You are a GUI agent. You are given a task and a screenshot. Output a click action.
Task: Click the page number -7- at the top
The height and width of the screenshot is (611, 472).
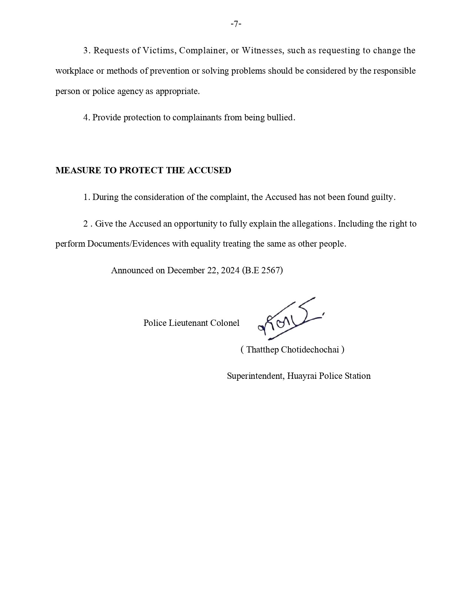[236, 24]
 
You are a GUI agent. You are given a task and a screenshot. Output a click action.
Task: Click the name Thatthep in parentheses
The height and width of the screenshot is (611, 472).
[262, 350]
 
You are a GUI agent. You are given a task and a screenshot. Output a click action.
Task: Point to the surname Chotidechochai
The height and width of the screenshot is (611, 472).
[310, 350]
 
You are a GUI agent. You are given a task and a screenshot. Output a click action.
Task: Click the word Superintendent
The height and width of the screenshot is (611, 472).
[255, 376]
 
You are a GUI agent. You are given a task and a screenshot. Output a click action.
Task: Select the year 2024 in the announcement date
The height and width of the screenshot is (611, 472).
[230, 270]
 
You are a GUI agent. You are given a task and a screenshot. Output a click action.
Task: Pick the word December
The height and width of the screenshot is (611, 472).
[185, 270]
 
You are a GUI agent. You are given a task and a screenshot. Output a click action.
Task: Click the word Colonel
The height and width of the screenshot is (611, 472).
[225, 323]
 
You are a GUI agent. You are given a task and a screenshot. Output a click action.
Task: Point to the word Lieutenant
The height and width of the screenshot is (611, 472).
[188, 323]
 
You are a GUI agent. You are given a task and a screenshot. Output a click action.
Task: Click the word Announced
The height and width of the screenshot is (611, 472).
[132, 270]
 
